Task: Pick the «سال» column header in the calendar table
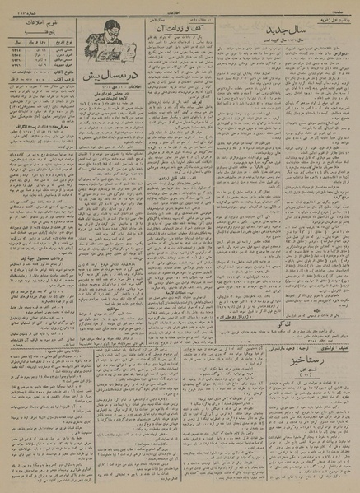click(x=16, y=38)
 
